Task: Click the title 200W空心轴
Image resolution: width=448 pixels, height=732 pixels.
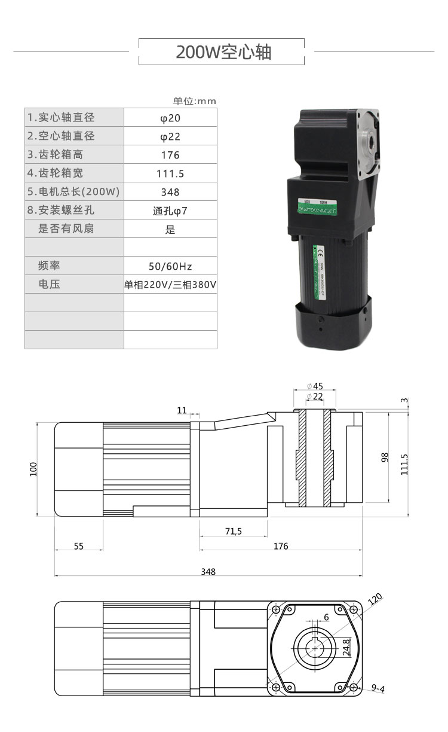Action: tap(223, 52)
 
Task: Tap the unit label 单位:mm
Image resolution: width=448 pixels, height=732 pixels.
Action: tap(195, 101)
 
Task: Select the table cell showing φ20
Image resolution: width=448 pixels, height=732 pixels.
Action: tap(170, 118)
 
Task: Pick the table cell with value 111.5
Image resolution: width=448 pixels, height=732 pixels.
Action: tap(170, 174)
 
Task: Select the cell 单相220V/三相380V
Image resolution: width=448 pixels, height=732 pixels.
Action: tap(170, 285)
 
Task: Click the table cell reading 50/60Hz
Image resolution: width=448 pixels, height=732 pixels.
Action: tap(170, 266)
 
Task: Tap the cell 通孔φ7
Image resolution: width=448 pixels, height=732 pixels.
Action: tap(170, 211)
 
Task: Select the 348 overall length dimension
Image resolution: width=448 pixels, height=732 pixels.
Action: tap(208, 571)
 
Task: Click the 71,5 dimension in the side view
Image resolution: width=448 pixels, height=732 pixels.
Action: tap(234, 530)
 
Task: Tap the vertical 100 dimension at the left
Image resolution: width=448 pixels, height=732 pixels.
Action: tap(33, 469)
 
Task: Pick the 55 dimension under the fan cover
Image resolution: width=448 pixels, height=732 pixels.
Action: tap(79, 546)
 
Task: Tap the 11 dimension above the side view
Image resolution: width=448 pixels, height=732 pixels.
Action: tap(182, 410)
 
